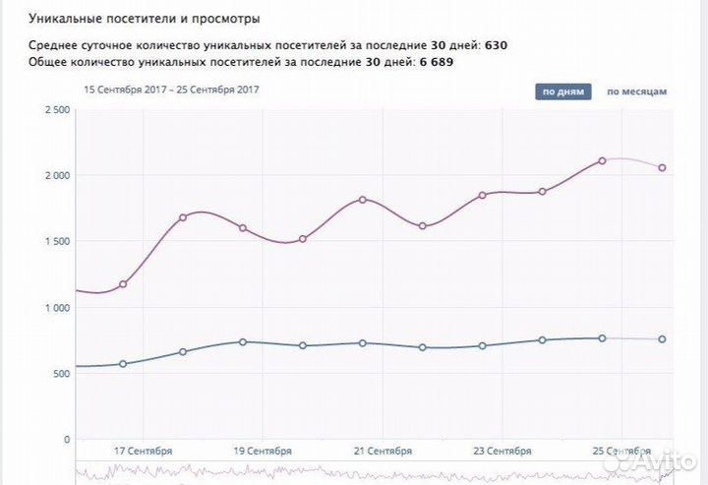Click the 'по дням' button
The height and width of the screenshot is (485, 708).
pyautogui.click(x=563, y=91)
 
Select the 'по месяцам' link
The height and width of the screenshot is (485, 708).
pyautogui.click(x=636, y=91)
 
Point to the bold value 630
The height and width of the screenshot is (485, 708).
pyautogui.click(x=497, y=45)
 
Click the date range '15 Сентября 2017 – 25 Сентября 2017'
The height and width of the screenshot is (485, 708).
pyautogui.click(x=171, y=90)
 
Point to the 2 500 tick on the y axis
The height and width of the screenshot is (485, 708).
pyautogui.click(x=55, y=109)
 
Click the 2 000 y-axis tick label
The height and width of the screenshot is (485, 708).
pyautogui.click(x=55, y=175)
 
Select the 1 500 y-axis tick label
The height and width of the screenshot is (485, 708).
pyautogui.click(x=55, y=241)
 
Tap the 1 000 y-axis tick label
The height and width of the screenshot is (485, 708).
pyautogui.click(x=55, y=308)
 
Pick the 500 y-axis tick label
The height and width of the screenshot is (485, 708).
pyautogui.click(x=60, y=374)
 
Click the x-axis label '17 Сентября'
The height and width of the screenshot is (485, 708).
pyautogui.click(x=144, y=451)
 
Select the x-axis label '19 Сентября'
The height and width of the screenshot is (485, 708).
pyautogui.click(x=263, y=451)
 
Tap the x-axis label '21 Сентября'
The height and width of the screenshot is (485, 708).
pyautogui.click(x=383, y=451)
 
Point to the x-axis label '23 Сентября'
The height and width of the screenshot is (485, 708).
pyautogui.click(x=501, y=451)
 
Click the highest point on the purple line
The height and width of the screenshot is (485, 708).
pyautogui.click(x=602, y=160)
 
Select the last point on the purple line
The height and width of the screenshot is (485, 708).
pyautogui.click(x=662, y=167)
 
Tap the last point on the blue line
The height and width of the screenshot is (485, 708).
pyautogui.click(x=662, y=339)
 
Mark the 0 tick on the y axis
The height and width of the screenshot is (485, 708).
pyautogui.click(x=65, y=440)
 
